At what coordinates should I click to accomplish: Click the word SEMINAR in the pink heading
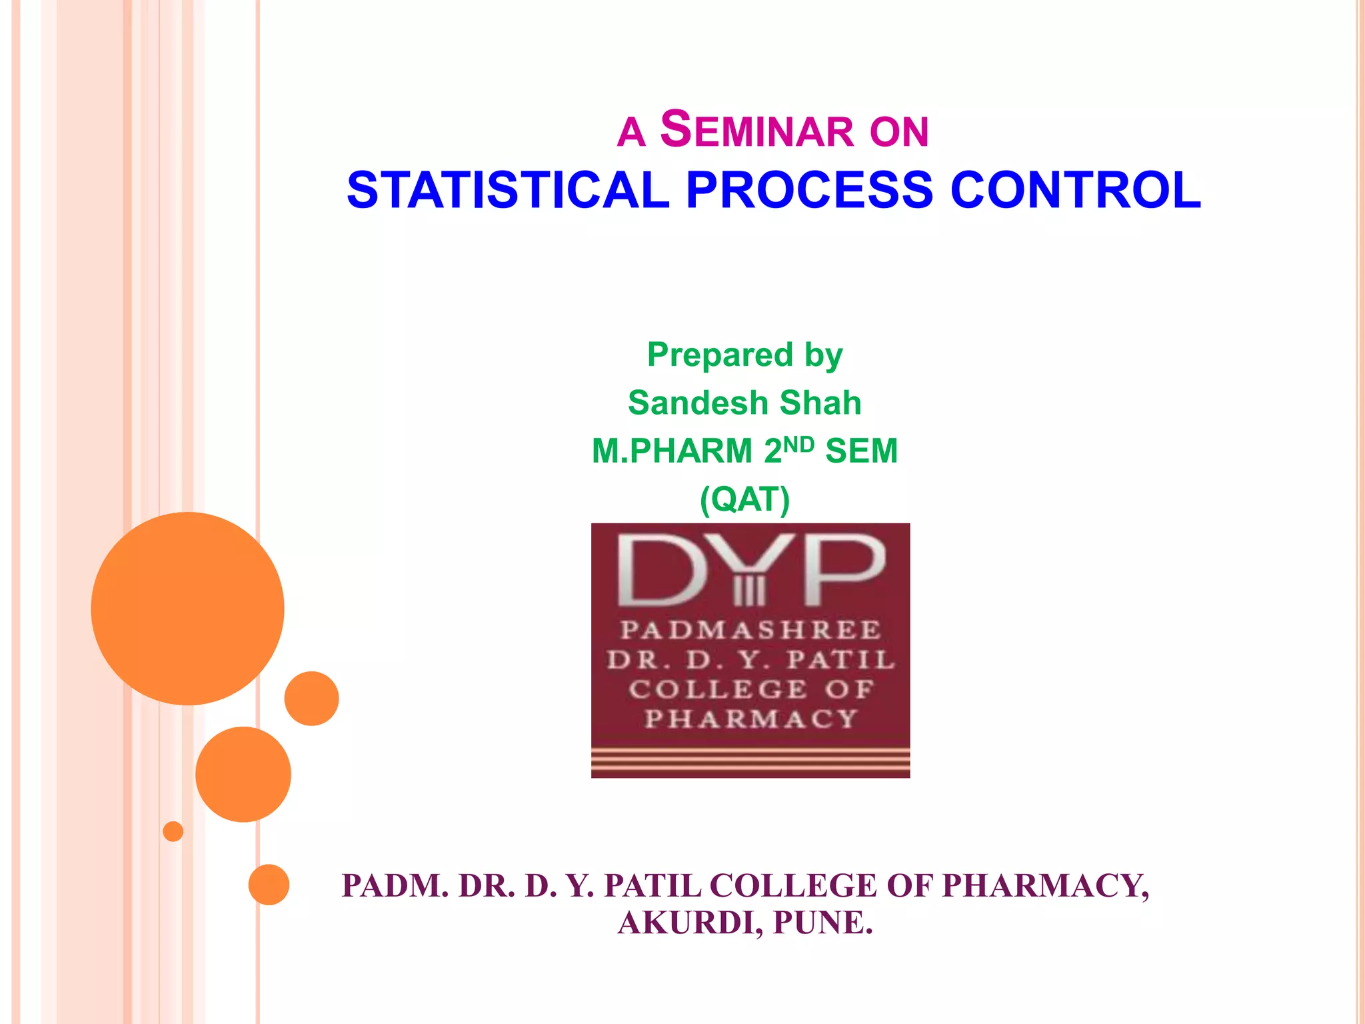tap(757, 131)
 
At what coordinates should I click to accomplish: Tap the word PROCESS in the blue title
tap(809, 191)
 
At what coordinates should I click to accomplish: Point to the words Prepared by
tap(744, 355)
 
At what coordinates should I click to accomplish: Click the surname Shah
tap(820, 403)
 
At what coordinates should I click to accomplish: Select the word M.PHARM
tap(672, 451)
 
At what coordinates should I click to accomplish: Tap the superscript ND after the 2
tap(798, 445)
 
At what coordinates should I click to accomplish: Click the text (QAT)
tap(744, 499)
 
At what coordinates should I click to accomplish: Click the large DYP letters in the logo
tap(750, 571)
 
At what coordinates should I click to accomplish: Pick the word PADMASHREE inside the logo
tap(750, 630)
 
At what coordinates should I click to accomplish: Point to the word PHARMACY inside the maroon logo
tap(750, 719)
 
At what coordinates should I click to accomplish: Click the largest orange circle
tap(187, 608)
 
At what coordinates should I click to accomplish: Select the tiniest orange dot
tap(173, 831)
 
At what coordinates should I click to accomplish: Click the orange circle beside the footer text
tap(269, 885)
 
